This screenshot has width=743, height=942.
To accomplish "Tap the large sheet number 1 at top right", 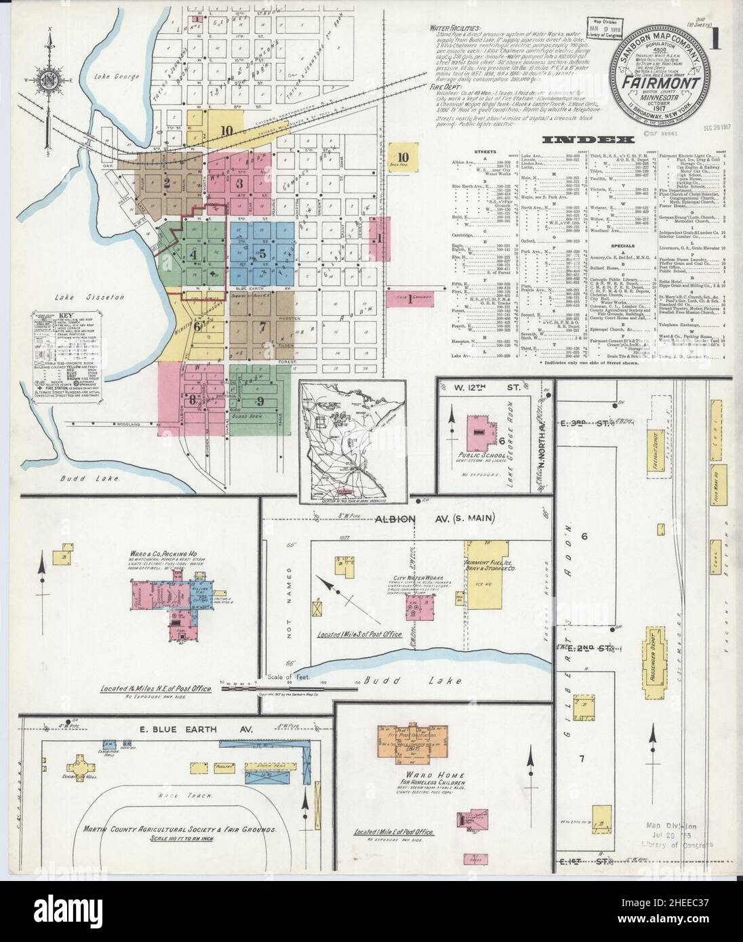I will tap(714, 37).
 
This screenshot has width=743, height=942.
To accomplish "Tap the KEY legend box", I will tap(63, 357).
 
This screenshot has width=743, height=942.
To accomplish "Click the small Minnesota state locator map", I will tap(353, 441).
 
